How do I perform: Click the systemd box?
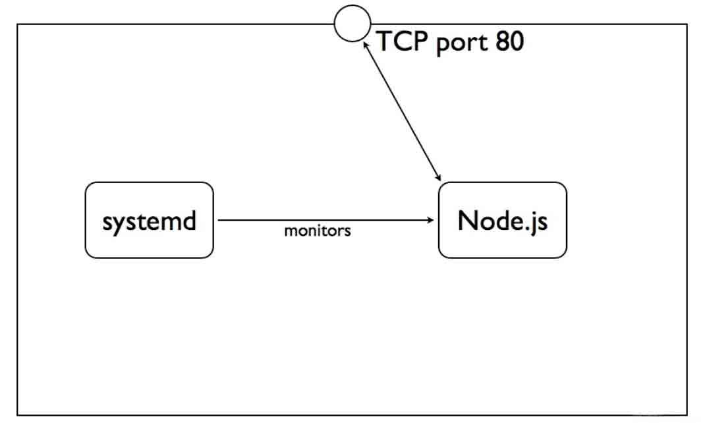click(x=149, y=220)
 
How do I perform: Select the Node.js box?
click(x=502, y=220)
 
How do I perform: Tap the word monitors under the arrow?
click(x=318, y=231)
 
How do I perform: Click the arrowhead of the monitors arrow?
click(x=431, y=220)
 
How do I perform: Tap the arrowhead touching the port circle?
click(x=365, y=43)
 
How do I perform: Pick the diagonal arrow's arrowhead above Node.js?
click(x=438, y=176)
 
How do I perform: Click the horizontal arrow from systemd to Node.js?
click(x=323, y=220)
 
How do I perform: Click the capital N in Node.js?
click(x=467, y=220)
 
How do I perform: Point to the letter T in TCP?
click(x=383, y=42)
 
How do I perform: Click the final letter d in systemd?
click(x=188, y=220)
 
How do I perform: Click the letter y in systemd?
click(x=119, y=223)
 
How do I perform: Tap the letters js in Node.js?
click(x=538, y=221)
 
